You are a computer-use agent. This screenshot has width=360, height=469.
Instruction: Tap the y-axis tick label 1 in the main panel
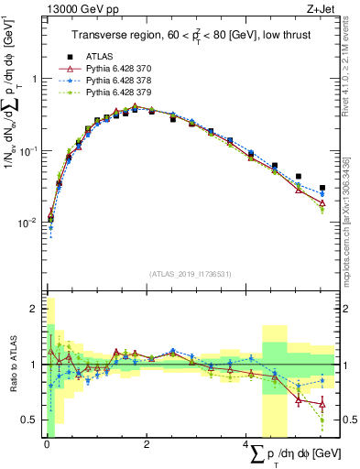tap(36, 79)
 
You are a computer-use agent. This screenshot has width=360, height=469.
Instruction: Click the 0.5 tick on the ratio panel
tap(31, 420)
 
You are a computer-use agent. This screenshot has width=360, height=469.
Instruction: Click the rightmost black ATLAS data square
tap(322, 188)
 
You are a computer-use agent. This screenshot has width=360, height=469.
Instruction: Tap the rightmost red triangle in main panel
tap(322, 204)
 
